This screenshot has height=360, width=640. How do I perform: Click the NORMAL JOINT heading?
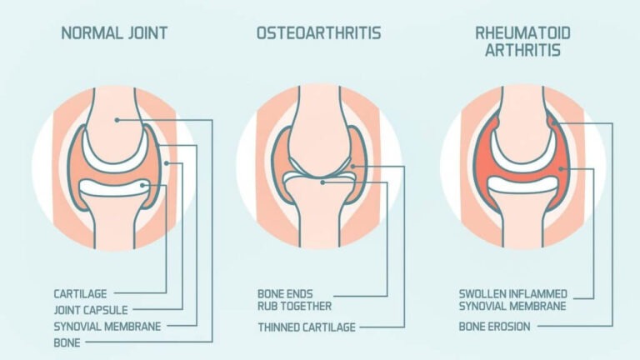(x=114, y=33)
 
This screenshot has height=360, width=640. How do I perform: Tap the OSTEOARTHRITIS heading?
(x=319, y=33)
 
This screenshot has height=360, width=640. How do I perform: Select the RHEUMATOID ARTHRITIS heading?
(x=522, y=42)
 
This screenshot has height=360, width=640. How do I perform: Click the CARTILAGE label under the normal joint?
(x=80, y=294)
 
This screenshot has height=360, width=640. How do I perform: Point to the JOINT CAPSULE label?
(x=91, y=310)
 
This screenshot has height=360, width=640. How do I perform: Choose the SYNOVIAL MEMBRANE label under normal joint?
(x=107, y=327)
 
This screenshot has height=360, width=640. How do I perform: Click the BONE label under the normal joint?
(x=67, y=342)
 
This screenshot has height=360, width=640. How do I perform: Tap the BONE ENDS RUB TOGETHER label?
(x=294, y=300)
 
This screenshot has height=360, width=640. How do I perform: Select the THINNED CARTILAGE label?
(x=307, y=327)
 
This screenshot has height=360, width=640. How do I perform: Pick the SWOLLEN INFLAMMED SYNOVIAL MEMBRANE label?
(x=513, y=300)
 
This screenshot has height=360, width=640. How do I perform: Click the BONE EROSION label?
(x=495, y=327)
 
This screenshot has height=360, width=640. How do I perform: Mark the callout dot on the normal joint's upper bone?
(x=117, y=120)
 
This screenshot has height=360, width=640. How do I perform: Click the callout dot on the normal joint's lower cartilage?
(x=142, y=185)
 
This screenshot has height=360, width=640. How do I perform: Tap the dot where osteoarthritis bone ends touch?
(x=322, y=182)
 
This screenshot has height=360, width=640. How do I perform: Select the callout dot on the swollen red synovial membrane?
(x=562, y=168)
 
